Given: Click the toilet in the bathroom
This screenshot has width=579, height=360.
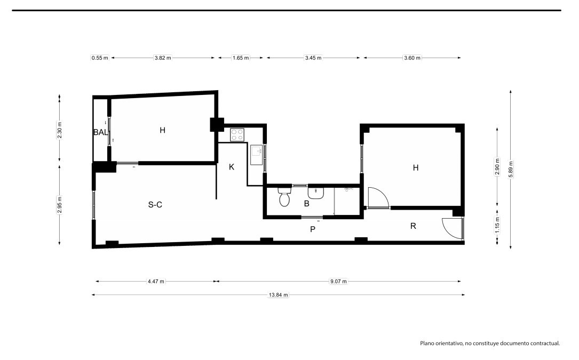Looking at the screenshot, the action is pyautogui.click(x=284, y=197).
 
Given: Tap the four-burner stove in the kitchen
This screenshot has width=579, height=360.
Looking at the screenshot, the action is pyautogui.click(x=237, y=135).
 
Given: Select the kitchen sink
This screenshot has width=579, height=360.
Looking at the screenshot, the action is pyautogui.click(x=256, y=155).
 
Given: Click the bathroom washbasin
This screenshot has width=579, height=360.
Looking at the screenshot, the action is pyautogui.click(x=316, y=193).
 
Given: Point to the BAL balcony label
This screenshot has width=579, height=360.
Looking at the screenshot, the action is pyautogui.click(x=101, y=132).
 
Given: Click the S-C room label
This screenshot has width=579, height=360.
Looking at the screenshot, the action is pyautogui.click(x=155, y=205).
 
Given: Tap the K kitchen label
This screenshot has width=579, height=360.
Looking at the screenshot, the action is pyautogui.click(x=232, y=167).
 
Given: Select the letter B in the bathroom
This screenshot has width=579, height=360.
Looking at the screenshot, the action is pyautogui.click(x=306, y=203).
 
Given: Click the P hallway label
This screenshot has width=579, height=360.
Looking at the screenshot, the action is pyautogui.click(x=313, y=229).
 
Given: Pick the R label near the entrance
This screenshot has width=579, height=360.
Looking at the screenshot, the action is pyautogui.click(x=413, y=226).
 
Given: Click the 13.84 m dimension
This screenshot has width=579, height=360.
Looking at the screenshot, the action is pyautogui.click(x=279, y=294).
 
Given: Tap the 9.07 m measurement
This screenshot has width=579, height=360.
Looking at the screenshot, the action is pyautogui.click(x=339, y=282).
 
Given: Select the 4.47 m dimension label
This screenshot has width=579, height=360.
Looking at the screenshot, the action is pyautogui.click(x=156, y=282).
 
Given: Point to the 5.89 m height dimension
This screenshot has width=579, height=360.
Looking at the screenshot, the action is pyautogui.click(x=511, y=170).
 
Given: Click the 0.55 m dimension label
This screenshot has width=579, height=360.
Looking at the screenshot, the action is pyautogui.click(x=100, y=58).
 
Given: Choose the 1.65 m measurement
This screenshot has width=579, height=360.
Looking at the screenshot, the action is pyautogui.click(x=241, y=58).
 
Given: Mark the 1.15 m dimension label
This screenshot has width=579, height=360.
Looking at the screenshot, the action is pyautogui.click(x=497, y=225).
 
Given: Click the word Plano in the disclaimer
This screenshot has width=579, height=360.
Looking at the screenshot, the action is pyautogui.click(x=427, y=343).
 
